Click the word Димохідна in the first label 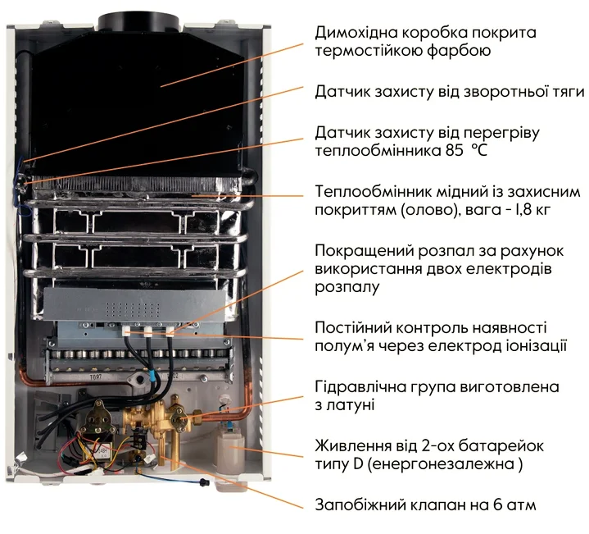pyautogui.click(x=356, y=32)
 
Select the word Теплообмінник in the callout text pyautogui.click(x=373, y=191)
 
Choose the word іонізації pyautogui.click(x=534, y=346)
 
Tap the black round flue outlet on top pyautogui.click(x=138, y=22)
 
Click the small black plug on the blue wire pyautogui.click(x=204, y=481)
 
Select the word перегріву pyautogui.click(x=501, y=133)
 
